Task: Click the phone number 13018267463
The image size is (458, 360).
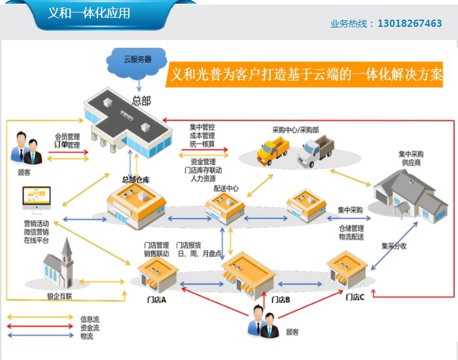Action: point(410,24)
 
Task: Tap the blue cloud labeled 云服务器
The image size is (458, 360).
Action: point(137,58)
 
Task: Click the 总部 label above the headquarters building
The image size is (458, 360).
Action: point(141,100)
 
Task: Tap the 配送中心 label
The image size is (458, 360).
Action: point(226,188)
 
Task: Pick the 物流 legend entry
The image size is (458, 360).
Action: point(86,336)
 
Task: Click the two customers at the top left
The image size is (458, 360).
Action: point(25,150)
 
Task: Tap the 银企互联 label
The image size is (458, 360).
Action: point(60,296)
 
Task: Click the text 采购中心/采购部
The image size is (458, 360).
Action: point(296,130)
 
